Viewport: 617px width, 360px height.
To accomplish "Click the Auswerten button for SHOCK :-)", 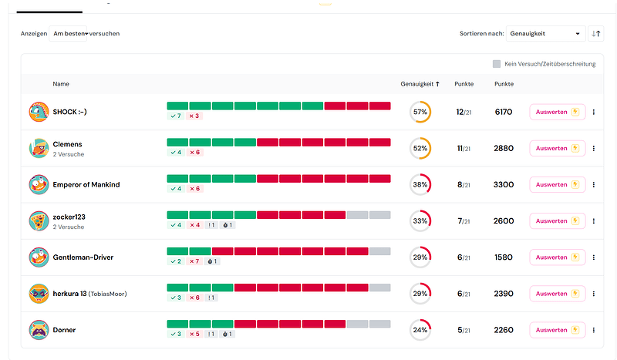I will click(557, 112).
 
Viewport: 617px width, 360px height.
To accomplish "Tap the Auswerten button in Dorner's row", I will click(557, 330).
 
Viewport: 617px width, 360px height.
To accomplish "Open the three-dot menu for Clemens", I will click(593, 148).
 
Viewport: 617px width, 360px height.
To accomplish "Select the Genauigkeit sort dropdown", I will click(545, 33).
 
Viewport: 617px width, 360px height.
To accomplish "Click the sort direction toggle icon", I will click(595, 33).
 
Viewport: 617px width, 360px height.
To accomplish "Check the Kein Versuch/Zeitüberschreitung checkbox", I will click(497, 64).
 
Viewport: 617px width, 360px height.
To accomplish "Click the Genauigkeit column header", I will click(420, 83).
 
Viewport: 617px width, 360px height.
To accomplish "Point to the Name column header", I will click(61, 83).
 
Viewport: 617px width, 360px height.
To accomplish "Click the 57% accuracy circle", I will click(420, 112).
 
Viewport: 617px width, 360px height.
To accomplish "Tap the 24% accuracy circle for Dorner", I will click(420, 330).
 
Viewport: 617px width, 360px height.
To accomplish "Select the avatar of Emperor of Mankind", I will click(39, 185).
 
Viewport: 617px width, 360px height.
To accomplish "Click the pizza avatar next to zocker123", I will click(39, 221).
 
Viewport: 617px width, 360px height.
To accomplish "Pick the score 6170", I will click(504, 112).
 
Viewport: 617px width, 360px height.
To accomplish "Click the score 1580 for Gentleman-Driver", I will click(504, 257).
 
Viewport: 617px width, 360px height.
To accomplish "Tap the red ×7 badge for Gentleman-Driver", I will click(194, 261).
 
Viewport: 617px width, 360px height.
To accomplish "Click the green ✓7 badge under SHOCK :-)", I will click(175, 116).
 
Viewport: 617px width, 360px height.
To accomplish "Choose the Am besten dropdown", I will click(70, 33).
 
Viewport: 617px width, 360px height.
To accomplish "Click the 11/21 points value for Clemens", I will click(464, 148).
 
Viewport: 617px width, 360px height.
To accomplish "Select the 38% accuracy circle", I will click(420, 185).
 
